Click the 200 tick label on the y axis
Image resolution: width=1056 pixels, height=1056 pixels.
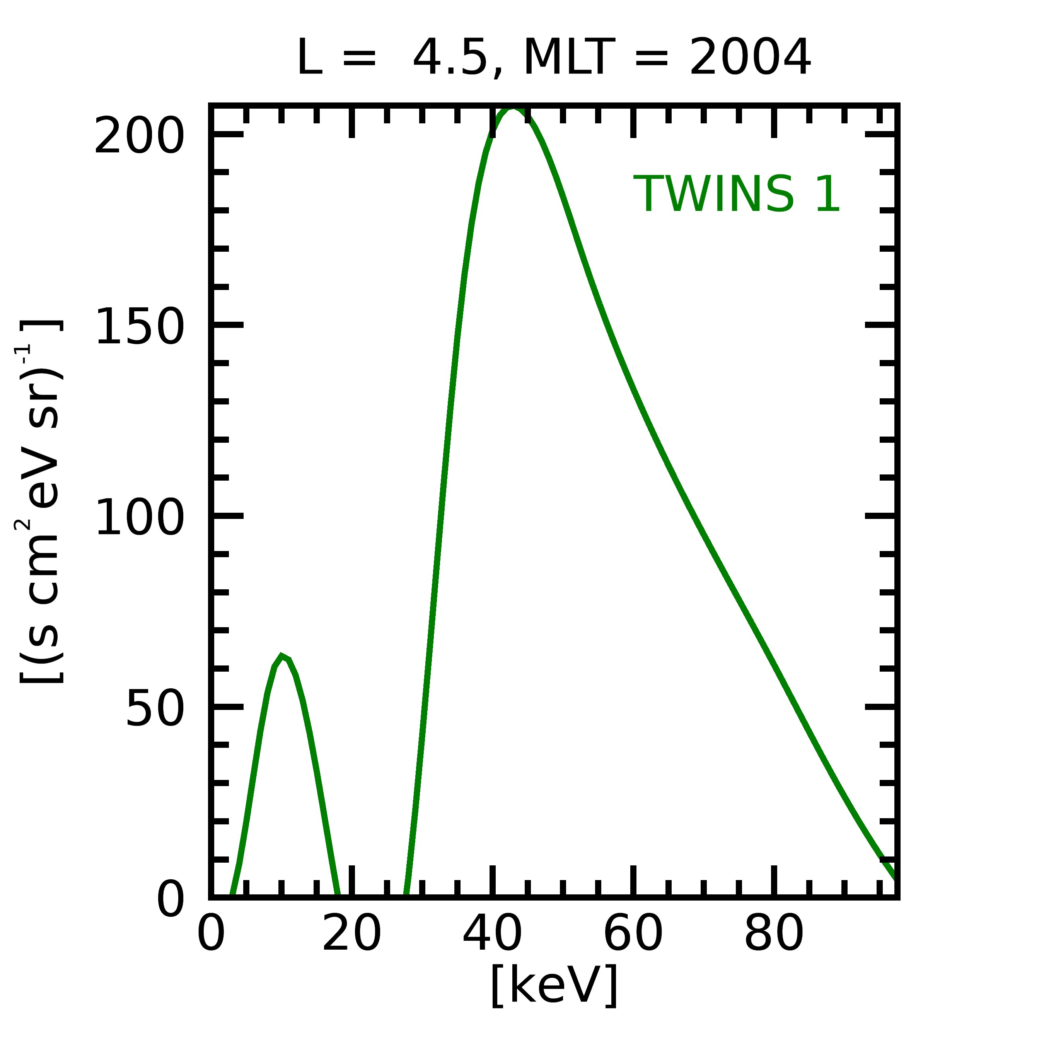click(139, 136)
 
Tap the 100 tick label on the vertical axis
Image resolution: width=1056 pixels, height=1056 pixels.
click(139, 518)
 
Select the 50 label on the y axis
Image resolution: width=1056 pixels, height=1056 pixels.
click(155, 708)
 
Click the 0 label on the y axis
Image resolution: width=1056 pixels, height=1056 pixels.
click(171, 899)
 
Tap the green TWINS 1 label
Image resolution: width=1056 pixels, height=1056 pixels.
click(736, 194)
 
